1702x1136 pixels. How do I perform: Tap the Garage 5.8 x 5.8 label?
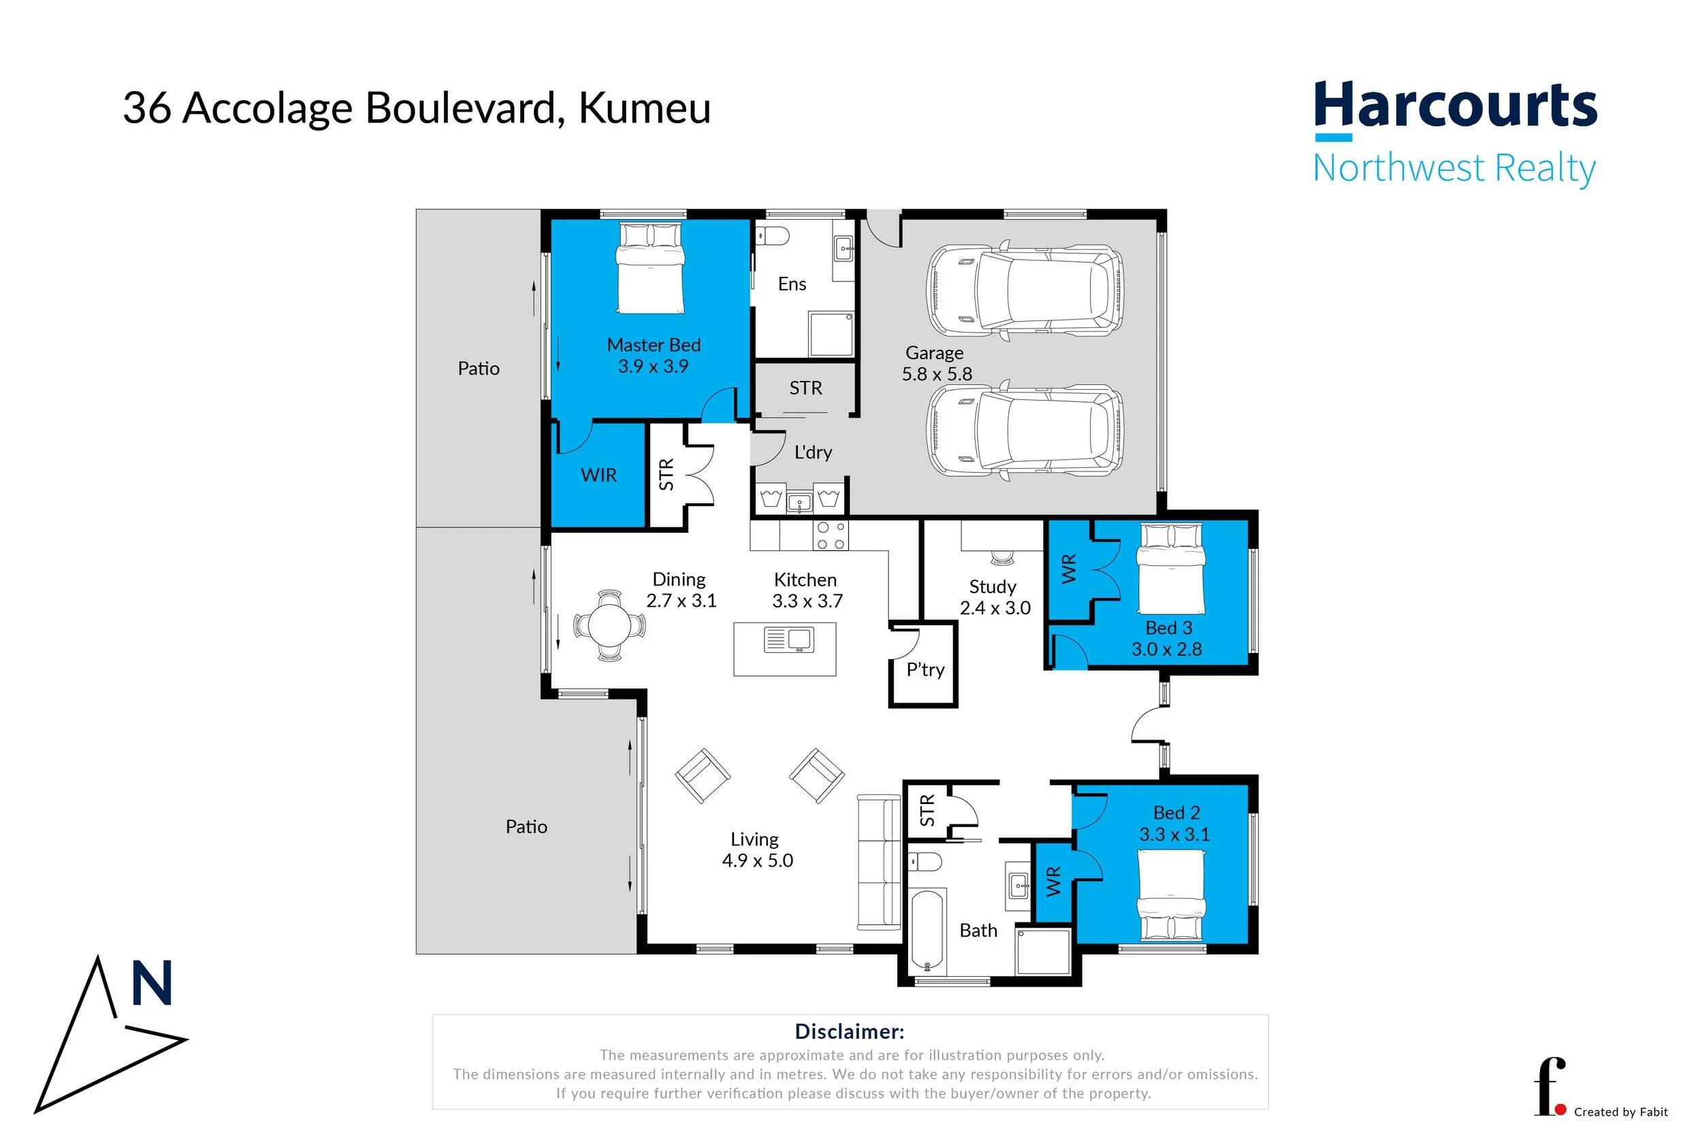936,363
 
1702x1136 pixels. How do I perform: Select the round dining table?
609,624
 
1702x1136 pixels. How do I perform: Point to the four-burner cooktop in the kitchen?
831,536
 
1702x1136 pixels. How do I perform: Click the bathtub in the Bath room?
927,931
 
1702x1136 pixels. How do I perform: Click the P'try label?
925,669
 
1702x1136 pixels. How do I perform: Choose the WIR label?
598,475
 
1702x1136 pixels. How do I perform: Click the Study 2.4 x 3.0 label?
995,597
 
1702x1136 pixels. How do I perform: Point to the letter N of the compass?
152,983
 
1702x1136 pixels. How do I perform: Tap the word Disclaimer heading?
850,1032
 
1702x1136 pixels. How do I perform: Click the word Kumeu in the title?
645,108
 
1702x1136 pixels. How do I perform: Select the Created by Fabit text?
1621,1112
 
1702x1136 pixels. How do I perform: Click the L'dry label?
813,452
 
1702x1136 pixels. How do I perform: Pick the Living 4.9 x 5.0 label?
757,850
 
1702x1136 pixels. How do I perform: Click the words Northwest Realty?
1454,168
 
